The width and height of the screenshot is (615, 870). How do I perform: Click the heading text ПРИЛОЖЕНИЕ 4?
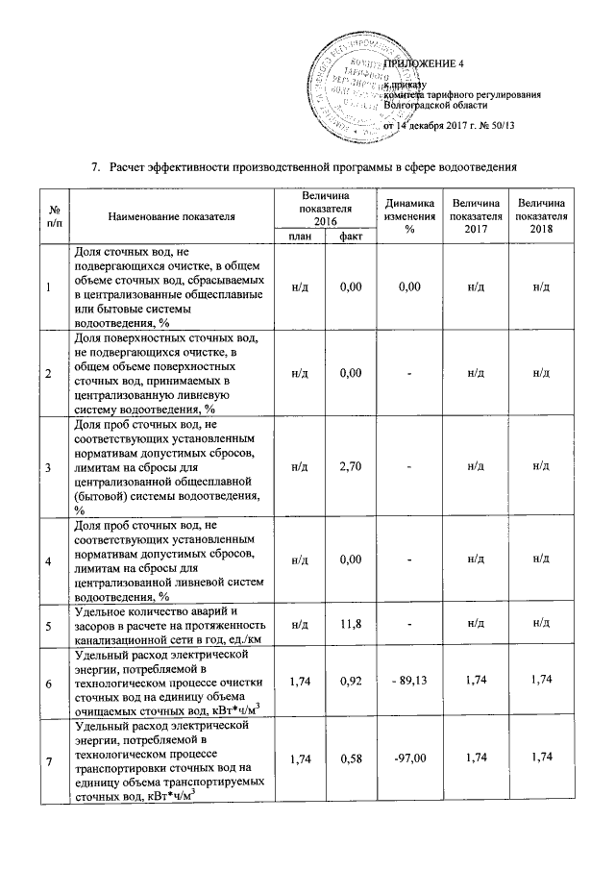tap(424, 63)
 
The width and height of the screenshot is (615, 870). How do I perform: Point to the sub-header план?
tap(300, 236)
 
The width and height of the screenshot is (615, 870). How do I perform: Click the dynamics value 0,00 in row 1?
tap(409, 287)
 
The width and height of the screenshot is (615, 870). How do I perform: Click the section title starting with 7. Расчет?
tap(311, 166)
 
